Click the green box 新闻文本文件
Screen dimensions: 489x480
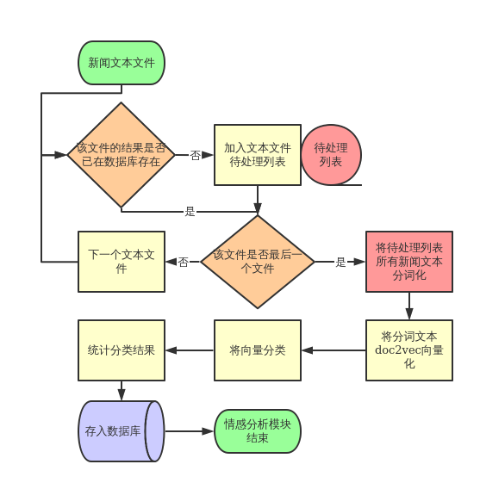[x=122, y=62]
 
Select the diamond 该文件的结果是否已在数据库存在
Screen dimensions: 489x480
[x=122, y=155]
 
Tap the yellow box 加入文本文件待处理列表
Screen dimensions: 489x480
[x=258, y=155]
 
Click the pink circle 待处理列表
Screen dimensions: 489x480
[x=331, y=155]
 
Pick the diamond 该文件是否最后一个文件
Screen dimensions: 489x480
[x=257, y=262]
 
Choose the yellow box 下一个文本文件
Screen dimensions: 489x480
[x=122, y=262]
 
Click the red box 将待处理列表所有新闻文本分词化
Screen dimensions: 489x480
[x=409, y=262]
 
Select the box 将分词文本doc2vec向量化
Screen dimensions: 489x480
[x=409, y=350]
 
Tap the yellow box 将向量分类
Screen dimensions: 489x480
[x=258, y=350]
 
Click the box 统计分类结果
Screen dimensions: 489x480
[x=122, y=350]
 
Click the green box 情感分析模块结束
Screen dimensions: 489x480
[x=258, y=431]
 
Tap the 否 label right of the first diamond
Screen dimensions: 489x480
[x=195, y=156]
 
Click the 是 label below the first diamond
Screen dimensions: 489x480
[x=190, y=211]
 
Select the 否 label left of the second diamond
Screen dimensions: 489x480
[x=183, y=263]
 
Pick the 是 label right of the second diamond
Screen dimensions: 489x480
[x=340, y=263]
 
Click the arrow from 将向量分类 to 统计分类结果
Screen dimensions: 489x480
[x=190, y=350]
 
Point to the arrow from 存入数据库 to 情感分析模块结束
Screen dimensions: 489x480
[x=190, y=431]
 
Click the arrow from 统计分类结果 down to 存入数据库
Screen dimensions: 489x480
[x=122, y=391]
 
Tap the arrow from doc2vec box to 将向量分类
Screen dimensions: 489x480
[x=334, y=350]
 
